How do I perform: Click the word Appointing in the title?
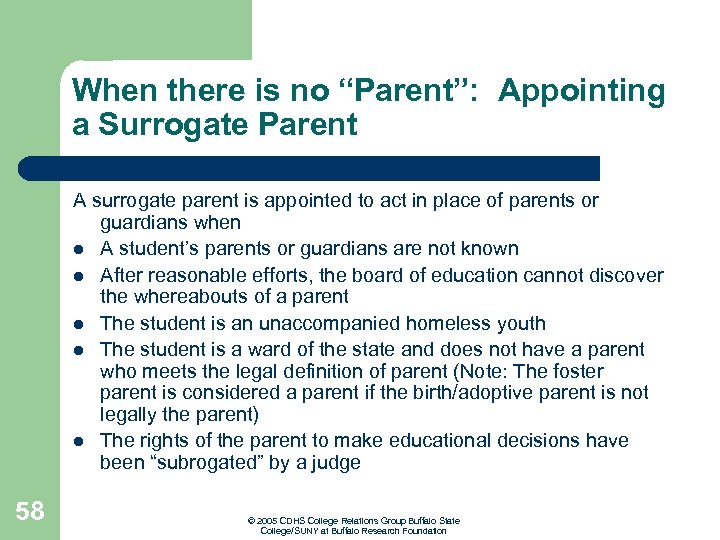point(581,91)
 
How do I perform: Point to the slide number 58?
point(30,512)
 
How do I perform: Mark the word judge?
point(336,463)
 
